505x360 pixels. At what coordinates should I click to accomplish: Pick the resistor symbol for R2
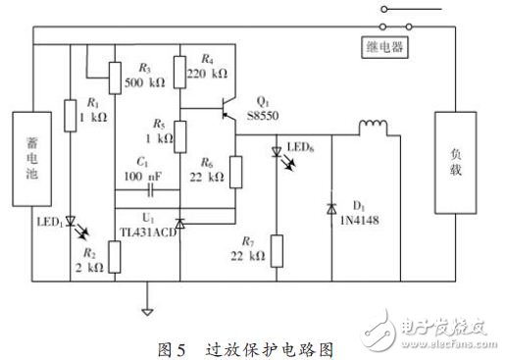pos(114,258)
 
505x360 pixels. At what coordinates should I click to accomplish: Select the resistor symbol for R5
pos(180,131)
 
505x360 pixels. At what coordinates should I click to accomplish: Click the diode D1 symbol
pos(331,208)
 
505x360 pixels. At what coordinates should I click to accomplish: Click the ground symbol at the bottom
pos(147,314)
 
